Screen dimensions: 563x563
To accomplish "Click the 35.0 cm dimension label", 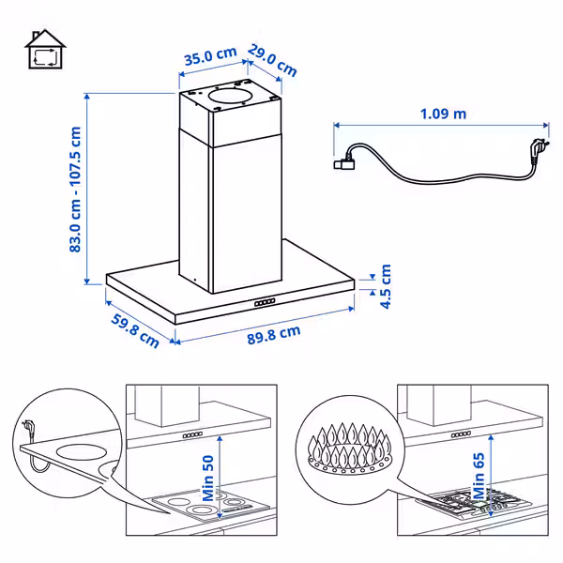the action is coord(210,56).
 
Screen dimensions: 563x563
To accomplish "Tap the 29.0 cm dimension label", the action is coord(272,60).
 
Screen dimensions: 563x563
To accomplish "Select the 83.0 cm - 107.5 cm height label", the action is coord(75,190).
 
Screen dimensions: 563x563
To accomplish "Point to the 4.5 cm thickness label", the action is coord(386,286).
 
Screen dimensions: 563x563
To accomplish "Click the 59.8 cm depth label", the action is coord(135,330).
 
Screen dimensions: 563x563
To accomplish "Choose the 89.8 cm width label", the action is coord(274,335).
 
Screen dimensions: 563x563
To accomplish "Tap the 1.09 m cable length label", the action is coord(443,114).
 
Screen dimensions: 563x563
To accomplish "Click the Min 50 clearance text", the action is coord(208,478).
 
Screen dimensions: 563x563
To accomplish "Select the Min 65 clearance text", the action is coord(479,476).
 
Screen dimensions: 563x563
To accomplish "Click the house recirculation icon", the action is coord(45,49).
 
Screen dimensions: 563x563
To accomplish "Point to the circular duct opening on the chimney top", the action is coord(230,97).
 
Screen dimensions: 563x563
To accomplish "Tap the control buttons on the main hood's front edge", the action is coord(265,302).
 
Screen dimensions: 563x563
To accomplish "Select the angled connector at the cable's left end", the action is coord(344,162).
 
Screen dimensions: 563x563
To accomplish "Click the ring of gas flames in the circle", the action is coord(349,449).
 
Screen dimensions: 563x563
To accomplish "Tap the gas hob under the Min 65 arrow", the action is coord(474,502).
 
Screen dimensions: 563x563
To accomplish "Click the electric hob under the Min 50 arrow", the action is coord(210,506).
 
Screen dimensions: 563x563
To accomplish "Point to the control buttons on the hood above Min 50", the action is coord(192,435).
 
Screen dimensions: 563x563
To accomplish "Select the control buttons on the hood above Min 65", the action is coord(461,434).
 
